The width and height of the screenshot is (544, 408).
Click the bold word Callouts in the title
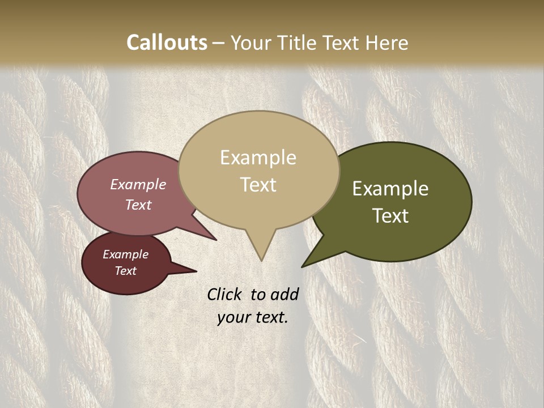[x=167, y=42]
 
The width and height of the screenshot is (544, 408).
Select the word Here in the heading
[x=387, y=42]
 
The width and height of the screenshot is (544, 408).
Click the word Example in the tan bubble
[x=258, y=158]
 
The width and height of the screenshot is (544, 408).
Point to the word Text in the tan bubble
[x=258, y=185]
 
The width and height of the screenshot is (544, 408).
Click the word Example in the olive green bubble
[x=390, y=189]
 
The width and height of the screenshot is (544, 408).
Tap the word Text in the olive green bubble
[x=390, y=216]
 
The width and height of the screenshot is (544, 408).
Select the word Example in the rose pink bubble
[x=138, y=185]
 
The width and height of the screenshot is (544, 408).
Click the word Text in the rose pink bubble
[x=138, y=205]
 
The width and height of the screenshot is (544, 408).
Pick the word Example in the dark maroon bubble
[x=125, y=254]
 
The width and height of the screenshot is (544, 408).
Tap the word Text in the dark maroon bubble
[x=125, y=271]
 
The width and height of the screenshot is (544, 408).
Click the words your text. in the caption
[x=252, y=317]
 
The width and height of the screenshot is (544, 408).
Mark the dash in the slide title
[x=219, y=43]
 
